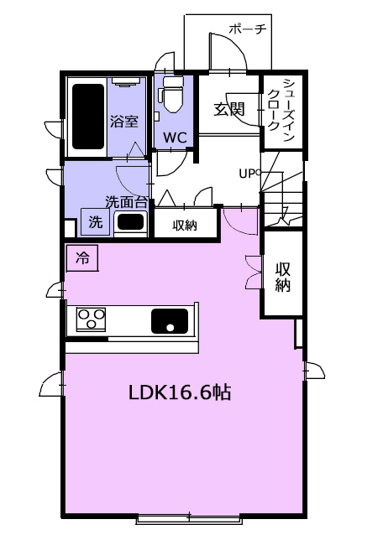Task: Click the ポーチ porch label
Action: point(248,29)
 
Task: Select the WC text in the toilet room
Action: point(175,138)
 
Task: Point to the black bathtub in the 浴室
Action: point(88,117)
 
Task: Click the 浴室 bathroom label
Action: point(124,121)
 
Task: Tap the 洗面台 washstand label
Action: point(127,202)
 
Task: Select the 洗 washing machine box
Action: point(96,222)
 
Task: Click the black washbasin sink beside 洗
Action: point(130,222)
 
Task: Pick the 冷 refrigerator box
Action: point(82,258)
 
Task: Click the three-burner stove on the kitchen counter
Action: point(91,319)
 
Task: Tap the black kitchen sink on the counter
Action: point(170,321)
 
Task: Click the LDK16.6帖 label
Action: point(180,392)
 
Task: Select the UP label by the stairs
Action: point(248,174)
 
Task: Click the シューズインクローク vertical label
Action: point(281,111)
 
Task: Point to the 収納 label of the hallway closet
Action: point(185,225)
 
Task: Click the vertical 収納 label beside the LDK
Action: point(283,277)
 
